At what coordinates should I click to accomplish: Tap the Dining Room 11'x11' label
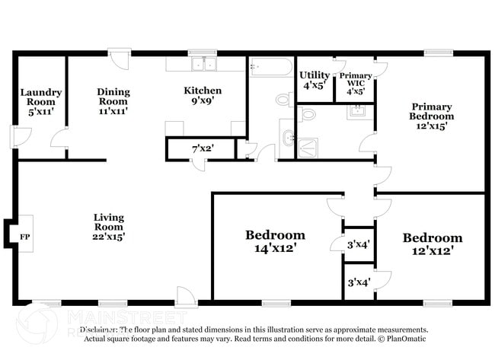pyautogui.click(x=113, y=100)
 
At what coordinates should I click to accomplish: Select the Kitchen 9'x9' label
pyautogui.click(x=203, y=96)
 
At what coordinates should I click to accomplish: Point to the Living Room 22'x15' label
pyautogui.click(x=109, y=226)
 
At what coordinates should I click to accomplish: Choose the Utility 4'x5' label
pyautogui.click(x=314, y=80)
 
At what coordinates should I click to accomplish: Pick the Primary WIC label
pyautogui.click(x=356, y=82)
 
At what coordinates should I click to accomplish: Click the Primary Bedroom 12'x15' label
pyautogui.click(x=432, y=116)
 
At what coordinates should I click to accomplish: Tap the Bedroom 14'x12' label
pyautogui.click(x=275, y=241)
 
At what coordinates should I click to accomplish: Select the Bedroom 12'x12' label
pyautogui.click(x=432, y=244)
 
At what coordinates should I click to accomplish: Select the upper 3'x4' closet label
pyautogui.click(x=359, y=244)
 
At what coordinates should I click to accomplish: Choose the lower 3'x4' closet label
pyautogui.click(x=359, y=282)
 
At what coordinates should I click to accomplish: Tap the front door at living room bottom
pyautogui.click(x=185, y=295)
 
